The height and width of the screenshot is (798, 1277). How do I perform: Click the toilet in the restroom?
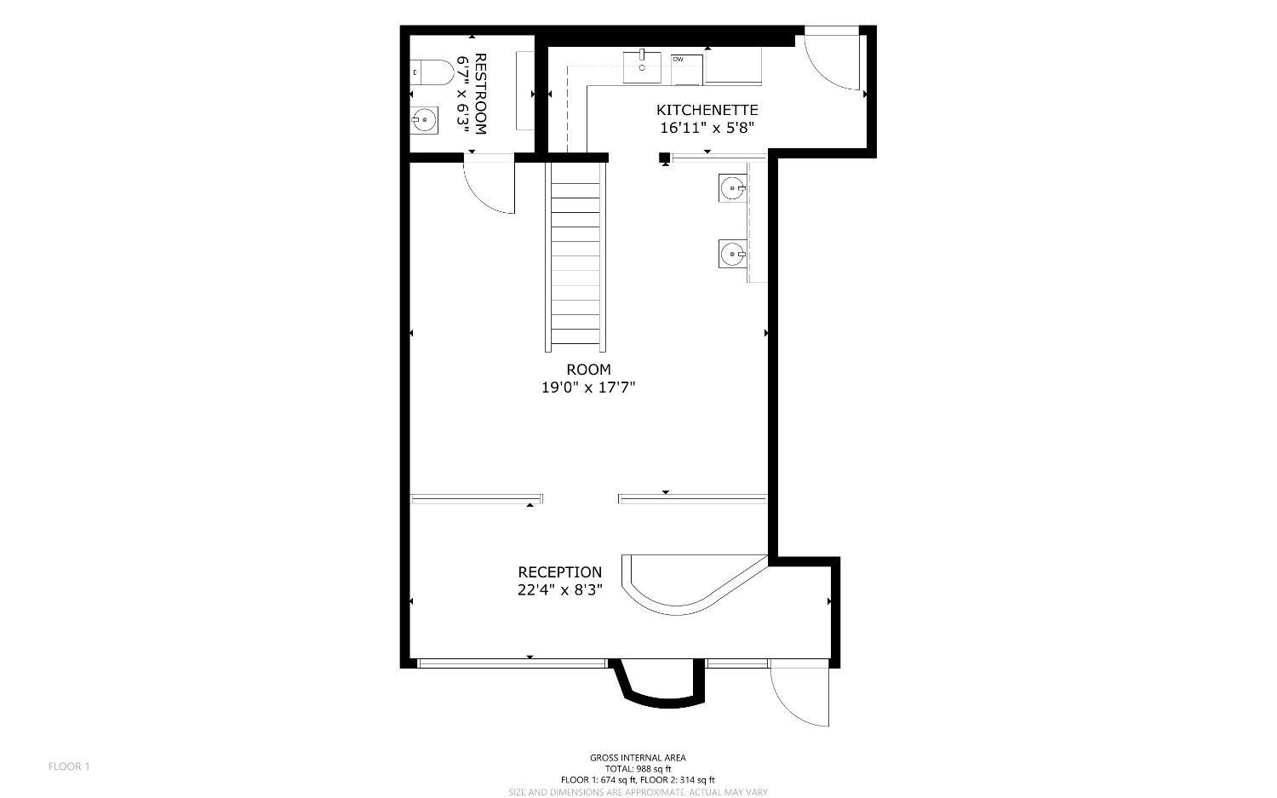[x=432, y=72]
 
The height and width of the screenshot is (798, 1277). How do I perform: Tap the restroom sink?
[x=425, y=120]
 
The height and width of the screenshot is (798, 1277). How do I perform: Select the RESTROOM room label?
[x=480, y=95]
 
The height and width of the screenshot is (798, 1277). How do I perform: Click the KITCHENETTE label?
[x=707, y=110]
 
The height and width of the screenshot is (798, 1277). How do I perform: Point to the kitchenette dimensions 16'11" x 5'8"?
[x=707, y=128]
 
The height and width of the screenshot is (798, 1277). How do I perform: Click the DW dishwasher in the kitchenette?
[x=687, y=68]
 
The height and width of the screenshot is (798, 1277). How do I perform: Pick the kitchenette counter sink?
[x=642, y=67]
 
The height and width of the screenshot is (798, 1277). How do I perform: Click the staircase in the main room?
[x=576, y=257]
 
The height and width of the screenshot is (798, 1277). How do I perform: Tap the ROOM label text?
[x=588, y=369]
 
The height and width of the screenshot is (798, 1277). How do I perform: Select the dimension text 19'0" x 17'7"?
[x=588, y=388]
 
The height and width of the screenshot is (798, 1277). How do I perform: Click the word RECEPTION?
[x=560, y=572]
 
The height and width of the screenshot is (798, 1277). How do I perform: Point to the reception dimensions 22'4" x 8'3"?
[x=560, y=590]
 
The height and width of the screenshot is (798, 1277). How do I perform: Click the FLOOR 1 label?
[x=69, y=766]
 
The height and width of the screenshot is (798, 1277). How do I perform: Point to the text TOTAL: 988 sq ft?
[x=638, y=769]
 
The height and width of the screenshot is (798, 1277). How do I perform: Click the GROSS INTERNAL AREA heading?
[x=638, y=758]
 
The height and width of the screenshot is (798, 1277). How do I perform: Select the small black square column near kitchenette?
[x=664, y=158]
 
